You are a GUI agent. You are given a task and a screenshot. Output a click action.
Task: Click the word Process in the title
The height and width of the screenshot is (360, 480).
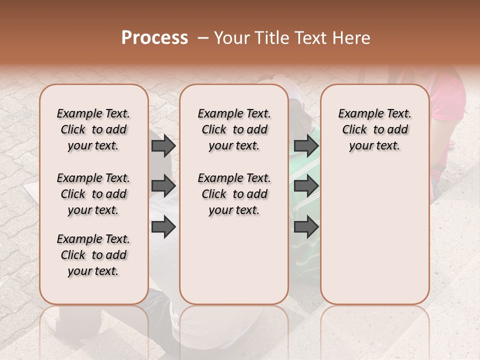(154, 38)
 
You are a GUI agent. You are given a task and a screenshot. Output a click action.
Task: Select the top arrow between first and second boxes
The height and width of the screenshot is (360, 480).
(163, 146)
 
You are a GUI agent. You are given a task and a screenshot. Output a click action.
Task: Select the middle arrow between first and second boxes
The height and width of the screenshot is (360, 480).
(163, 186)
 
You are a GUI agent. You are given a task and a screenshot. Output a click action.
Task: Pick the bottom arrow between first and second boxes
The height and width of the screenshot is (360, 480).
(163, 227)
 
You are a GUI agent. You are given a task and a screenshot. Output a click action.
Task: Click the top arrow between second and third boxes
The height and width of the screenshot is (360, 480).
(306, 146)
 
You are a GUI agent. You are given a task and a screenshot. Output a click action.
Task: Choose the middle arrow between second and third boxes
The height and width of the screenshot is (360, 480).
(306, 186)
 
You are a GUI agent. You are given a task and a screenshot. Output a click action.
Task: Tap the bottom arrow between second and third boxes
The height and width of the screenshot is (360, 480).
(306, 227)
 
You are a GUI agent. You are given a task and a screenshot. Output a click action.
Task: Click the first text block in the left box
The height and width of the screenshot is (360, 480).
(93, 129)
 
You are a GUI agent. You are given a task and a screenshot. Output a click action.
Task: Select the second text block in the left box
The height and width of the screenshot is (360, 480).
(93, 194)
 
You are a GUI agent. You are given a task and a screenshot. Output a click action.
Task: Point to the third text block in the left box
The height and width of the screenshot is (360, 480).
(93, 255)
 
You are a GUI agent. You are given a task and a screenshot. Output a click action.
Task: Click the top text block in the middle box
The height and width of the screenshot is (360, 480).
(234, 129)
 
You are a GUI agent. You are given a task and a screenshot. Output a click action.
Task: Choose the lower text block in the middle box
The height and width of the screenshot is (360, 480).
(234, 194)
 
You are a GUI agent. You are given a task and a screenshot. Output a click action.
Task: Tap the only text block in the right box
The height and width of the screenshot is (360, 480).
(374, 129)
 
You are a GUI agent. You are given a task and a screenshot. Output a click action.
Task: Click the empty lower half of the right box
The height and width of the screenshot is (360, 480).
(374, 240)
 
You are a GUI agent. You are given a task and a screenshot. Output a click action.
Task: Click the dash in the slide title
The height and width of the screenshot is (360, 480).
(202, 38)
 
